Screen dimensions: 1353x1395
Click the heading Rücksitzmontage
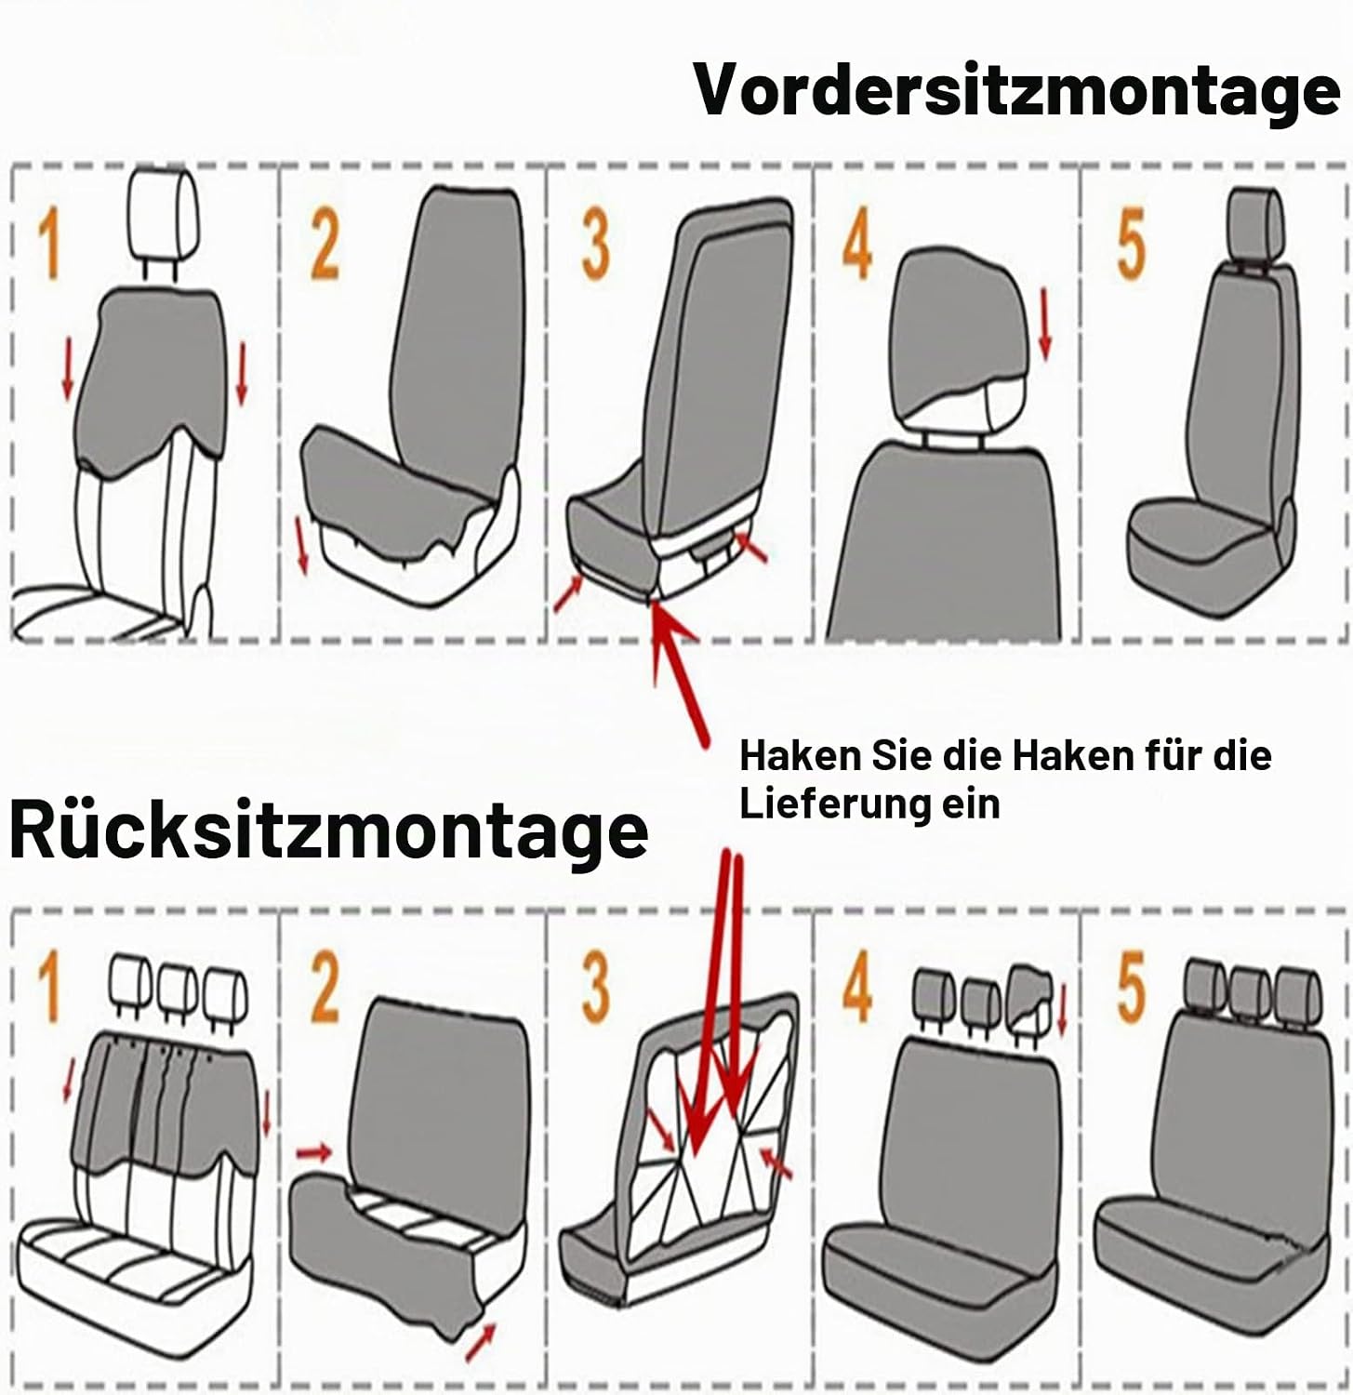tap(328, 830)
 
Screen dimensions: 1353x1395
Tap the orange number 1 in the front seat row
tap(49, 245)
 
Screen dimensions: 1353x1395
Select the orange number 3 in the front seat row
tap(595, 245)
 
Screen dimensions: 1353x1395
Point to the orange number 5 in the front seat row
tap(1131, 245)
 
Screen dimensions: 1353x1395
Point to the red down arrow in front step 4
tap(1045, 323)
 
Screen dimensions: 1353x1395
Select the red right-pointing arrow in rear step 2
tap(314, 1153)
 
